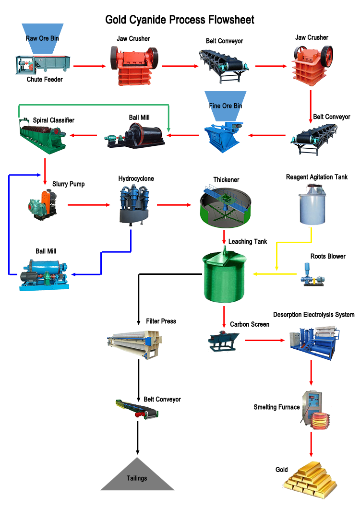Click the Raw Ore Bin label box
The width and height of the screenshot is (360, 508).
pos(42,38)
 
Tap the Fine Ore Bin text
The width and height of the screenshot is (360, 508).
pos(225,106)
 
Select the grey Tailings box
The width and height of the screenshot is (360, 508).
pos(137,474)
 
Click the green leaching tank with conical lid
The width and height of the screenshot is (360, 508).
pos(225,277)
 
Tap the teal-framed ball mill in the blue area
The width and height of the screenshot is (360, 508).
pos(44,275)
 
